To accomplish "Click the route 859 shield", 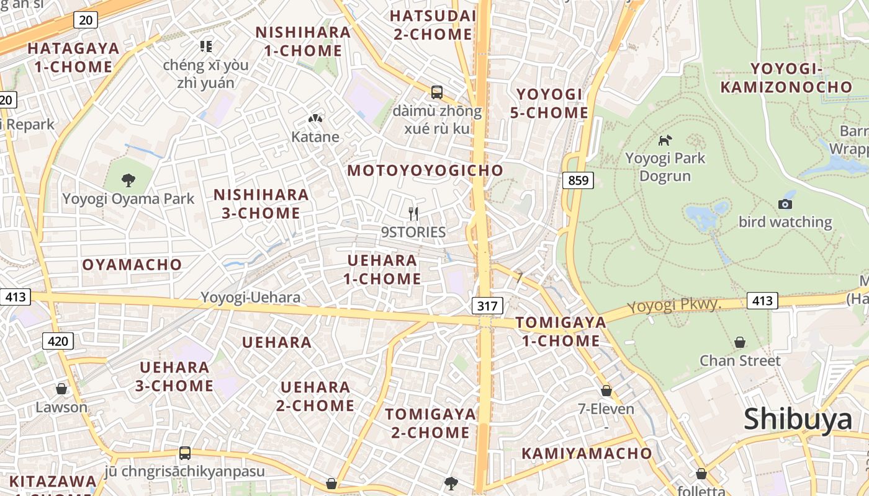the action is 579,180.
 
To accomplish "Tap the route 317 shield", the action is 487,305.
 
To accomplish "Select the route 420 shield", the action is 58,340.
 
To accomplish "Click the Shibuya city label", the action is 798,419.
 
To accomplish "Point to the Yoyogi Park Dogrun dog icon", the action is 665,140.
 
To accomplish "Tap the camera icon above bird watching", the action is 785,204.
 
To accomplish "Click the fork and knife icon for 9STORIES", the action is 413,214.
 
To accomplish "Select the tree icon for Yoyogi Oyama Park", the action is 128,180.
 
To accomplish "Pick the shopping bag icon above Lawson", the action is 61,389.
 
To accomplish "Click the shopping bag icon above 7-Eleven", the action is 606,391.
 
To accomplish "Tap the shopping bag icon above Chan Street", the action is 740,342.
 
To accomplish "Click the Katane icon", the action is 315,118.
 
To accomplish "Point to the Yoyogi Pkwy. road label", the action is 673,305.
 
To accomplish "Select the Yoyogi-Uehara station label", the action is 250,298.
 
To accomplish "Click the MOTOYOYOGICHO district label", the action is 425,170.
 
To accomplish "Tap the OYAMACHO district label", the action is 132,265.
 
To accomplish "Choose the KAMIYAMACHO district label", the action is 587,453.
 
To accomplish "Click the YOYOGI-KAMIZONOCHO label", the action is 786,77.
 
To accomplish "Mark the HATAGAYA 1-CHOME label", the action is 73,57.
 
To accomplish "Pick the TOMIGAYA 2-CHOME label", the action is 430,423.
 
